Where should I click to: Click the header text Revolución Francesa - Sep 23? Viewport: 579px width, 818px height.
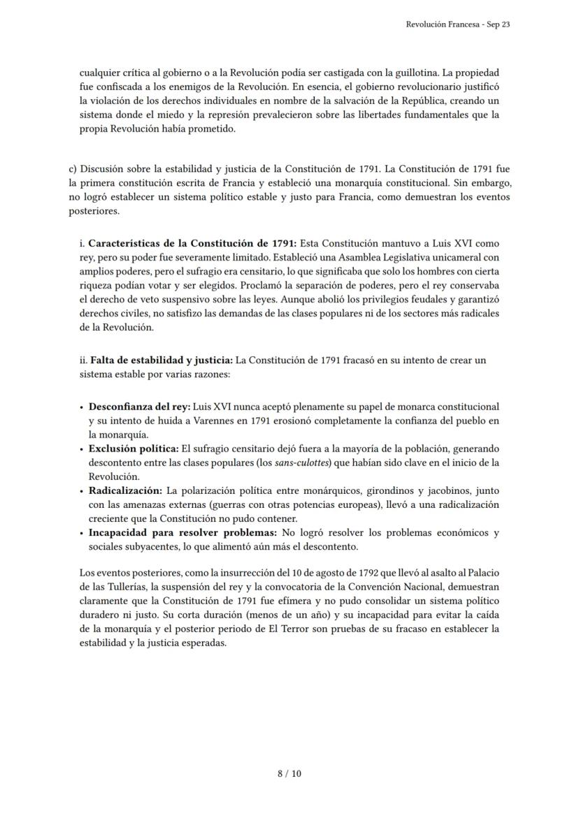click(458, 24)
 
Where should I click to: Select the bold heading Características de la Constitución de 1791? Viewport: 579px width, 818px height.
click(192, 243)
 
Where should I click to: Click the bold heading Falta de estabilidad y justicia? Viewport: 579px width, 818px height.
click(162, 360)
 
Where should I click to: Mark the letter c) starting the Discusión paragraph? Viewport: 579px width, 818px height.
click(73, 170)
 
